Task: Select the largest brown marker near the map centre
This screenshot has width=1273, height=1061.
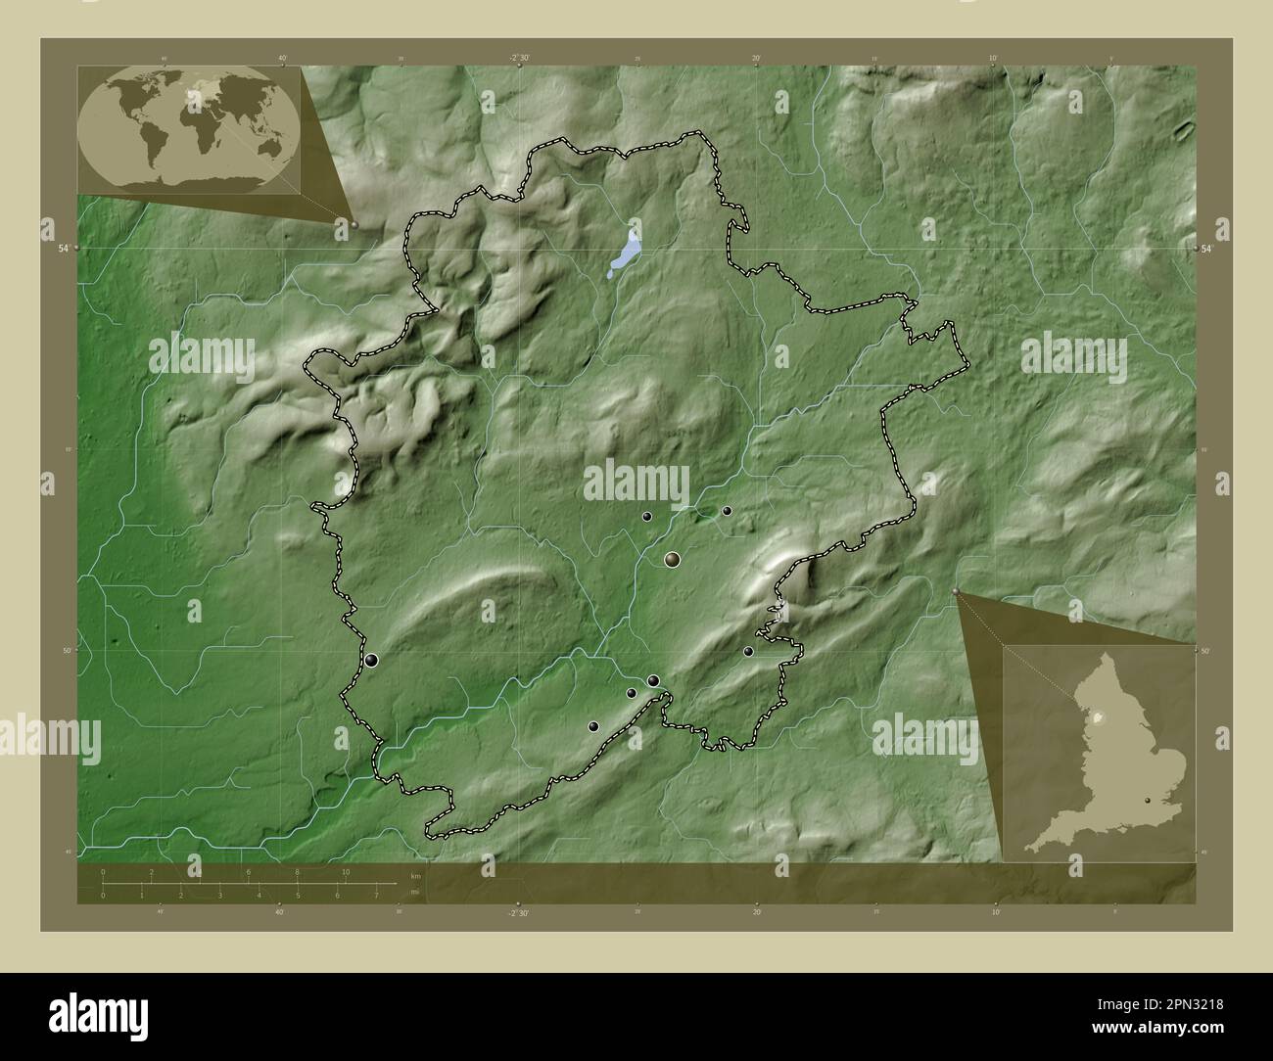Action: coord(672,559)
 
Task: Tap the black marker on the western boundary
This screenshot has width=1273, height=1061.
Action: coord(371,661)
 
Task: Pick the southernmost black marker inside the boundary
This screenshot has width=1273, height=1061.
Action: coord(593,726)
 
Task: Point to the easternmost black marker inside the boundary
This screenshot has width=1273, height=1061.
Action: coord(748,651)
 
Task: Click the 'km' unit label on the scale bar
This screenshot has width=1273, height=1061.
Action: coord(415,876)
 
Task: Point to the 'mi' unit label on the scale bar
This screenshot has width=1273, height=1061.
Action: coord(415,892)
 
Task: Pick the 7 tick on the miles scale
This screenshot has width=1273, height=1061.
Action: coord(376,895)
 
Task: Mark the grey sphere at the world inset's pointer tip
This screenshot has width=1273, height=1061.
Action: coord(354,224)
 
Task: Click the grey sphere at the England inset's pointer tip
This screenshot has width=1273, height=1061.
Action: coord(956,591)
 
